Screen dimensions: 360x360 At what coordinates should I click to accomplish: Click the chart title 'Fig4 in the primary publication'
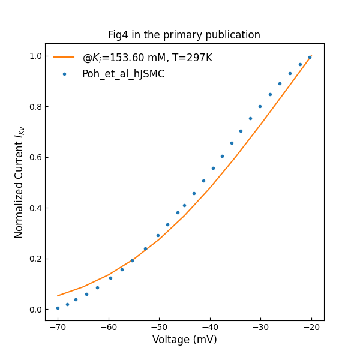point(184,35)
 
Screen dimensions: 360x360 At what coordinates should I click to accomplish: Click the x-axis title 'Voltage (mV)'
point(184,340)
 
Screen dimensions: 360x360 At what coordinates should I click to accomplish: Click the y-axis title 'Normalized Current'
point(19,182)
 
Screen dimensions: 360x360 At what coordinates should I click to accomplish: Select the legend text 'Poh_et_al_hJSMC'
point(123,74)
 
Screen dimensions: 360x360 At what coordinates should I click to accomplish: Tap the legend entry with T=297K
point(147,58)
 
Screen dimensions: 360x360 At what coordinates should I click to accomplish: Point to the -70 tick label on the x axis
point(58,328)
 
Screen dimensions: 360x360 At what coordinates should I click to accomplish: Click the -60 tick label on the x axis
point(109,328)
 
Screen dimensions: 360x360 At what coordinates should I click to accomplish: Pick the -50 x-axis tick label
point(159,328)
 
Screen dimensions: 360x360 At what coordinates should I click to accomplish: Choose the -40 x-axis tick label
point(210,328)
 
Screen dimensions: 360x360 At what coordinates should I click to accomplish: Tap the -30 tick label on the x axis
point(260,328)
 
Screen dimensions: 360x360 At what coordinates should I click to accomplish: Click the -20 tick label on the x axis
point(311,328)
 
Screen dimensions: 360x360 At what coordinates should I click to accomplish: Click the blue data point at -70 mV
point(58,308)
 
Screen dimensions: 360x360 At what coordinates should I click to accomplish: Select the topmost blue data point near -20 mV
point(310,57)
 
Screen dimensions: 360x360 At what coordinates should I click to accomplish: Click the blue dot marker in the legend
point(64,74)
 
